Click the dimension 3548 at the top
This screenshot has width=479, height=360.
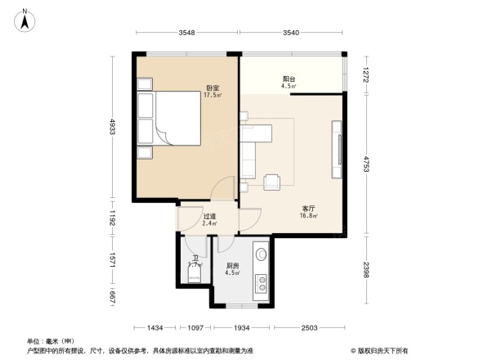[186, 34]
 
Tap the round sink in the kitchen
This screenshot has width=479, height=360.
[262, 255]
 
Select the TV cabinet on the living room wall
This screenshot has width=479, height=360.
[335, 149]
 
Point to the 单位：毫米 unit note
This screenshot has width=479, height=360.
[49, 340]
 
